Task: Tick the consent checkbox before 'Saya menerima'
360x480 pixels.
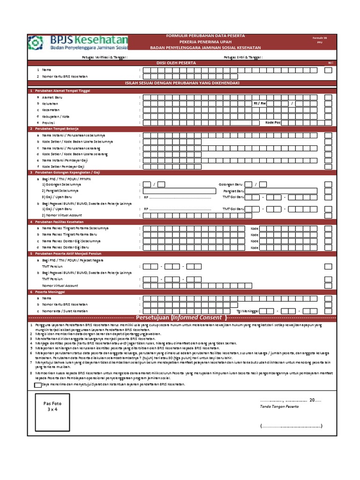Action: coord(37,384)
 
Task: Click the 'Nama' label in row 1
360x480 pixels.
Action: coord(47,69)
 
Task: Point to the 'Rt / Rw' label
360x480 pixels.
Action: coord(259,103)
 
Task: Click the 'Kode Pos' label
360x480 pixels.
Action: coord(273,122)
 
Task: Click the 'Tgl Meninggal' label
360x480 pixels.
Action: coord(247,311)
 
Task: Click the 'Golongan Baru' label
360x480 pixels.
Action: coord(231,184)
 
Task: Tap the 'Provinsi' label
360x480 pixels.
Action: coord(49,122)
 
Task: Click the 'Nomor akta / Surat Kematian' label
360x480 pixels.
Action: coord(65,311)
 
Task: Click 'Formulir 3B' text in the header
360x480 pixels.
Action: coord(318,37)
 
